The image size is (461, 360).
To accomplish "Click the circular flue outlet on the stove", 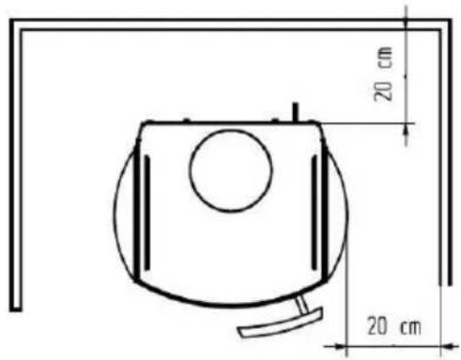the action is coord(230,171).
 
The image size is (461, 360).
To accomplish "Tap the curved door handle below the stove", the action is coord(281,324).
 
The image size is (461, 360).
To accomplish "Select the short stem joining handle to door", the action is coord(302,304).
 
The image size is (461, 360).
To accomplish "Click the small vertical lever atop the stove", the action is coord(295,112).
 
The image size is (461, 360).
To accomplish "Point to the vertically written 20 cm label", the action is coord(383,74).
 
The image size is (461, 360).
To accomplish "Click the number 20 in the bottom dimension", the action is coord(377,326).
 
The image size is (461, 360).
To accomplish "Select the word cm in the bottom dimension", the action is coord(411,327).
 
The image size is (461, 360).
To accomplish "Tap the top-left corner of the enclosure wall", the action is coord(10,19).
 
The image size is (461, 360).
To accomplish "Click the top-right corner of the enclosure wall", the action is coord(451,19).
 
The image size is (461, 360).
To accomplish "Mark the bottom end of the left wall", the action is coord(16,311).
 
